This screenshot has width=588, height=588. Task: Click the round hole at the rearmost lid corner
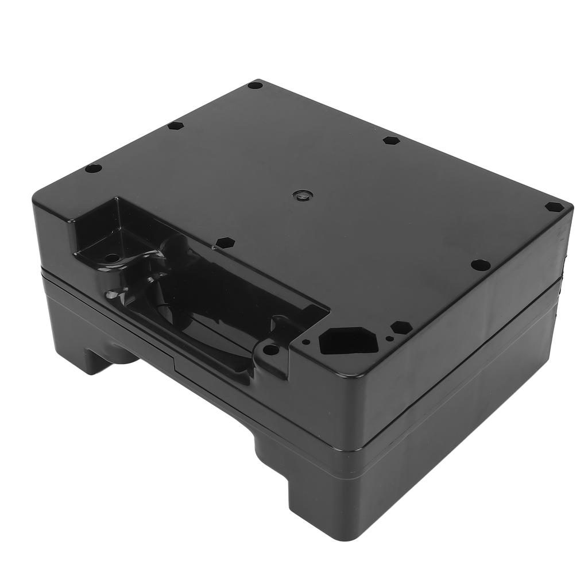coord(256,86)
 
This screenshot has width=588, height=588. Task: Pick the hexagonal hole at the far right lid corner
coord(554,207)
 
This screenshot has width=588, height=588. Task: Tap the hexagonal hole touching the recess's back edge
coord(223,242)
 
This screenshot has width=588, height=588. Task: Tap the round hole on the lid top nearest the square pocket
coord(93,169)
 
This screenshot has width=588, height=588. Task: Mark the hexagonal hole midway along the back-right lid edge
coord(390,140)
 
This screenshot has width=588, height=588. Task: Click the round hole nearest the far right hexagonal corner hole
coord(480,265)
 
